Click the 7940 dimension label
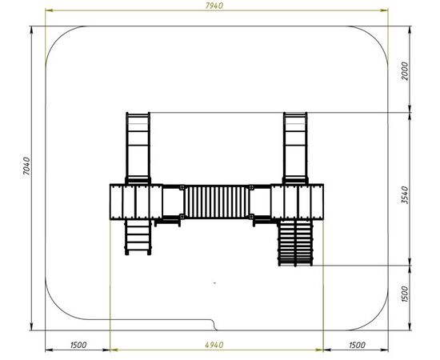(214, 6)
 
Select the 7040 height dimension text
(26, 166)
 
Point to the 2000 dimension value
(405, 71)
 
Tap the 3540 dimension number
(405, 194)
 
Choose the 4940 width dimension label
(214, 345)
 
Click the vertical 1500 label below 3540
(405, 294)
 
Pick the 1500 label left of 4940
(78, 345)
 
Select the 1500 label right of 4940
(357, 345)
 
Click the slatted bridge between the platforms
(217, 202)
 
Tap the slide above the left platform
(138, 148)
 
